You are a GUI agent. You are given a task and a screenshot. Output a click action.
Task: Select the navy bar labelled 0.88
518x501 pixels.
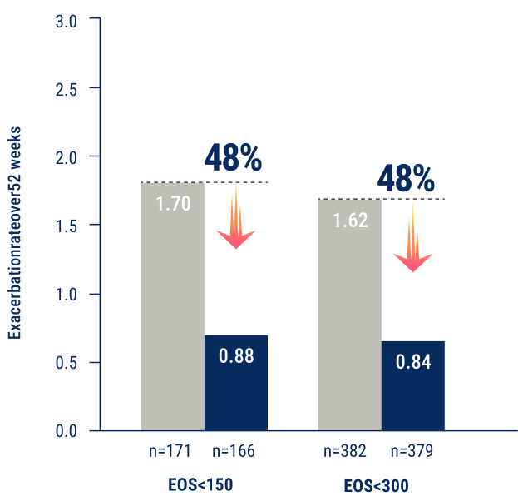point(236,382)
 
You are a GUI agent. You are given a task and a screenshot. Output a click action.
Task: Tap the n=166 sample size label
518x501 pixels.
point(234,451)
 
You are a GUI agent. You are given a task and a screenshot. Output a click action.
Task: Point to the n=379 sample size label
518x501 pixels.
point(411,451)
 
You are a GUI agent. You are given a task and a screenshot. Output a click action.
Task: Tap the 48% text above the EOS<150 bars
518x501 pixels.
point(233,158)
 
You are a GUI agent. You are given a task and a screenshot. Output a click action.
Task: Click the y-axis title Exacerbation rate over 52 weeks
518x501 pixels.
point(15,233)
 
